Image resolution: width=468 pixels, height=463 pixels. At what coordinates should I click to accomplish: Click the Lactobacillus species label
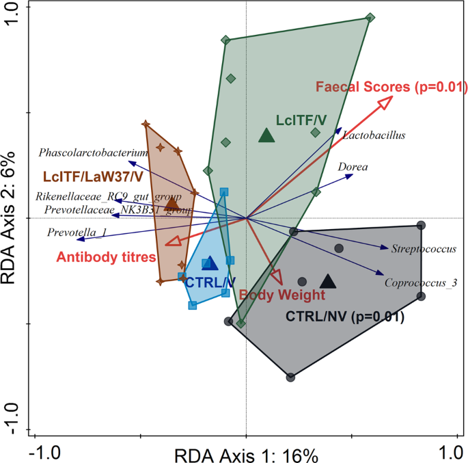374,135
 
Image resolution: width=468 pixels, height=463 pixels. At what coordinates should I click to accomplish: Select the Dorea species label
353,166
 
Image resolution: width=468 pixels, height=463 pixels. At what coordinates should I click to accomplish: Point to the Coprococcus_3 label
421,282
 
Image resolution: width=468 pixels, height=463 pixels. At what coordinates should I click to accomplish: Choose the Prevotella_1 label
77,233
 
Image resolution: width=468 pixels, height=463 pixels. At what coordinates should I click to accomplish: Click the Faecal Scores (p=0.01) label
391,87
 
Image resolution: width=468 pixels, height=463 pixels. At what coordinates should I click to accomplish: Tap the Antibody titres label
106,257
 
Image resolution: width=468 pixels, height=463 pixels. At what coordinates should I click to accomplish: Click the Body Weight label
281,295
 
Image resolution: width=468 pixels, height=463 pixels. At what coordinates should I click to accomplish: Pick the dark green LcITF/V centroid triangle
266,136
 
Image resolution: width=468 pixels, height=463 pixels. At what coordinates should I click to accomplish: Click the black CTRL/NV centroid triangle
328,281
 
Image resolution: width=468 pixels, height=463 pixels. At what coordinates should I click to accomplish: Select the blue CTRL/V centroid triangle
210,264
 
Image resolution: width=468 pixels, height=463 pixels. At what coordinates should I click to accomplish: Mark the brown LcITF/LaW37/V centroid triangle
171,203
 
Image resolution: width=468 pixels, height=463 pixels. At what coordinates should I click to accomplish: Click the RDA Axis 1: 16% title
246,455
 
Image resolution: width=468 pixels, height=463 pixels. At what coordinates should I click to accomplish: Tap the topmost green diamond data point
370,18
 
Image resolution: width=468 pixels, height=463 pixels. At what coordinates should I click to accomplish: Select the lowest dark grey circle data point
291,377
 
